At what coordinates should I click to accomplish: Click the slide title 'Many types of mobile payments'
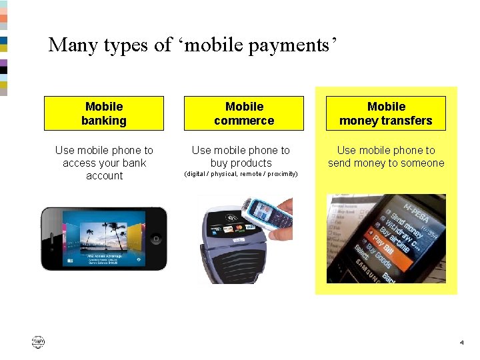click(x=193, y=45)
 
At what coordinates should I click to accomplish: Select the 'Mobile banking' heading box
click(x=103, y=113)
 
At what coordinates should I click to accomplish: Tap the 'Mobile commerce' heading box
click(x=244, y=113)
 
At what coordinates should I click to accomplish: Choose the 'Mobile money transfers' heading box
click(x=385, y=113)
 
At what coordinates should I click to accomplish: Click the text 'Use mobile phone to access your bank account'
click(x=103, y=163)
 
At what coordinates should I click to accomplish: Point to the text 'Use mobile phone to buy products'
click(x=241, y=157)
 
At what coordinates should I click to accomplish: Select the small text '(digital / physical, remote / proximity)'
click(x=240, y=174)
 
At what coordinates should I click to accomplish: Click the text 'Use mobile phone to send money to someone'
click(x=385, y=157)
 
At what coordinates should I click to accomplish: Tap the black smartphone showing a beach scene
click(x=103, y=239)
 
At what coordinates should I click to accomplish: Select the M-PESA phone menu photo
click(x=386, y=239)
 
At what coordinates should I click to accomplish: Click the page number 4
click(x=461, y=343)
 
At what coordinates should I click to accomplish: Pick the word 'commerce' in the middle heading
click(x=244, y=121)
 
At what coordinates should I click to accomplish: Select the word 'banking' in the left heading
click(x=103, y=121)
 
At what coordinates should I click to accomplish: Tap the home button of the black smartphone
click(x=156, y=239)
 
